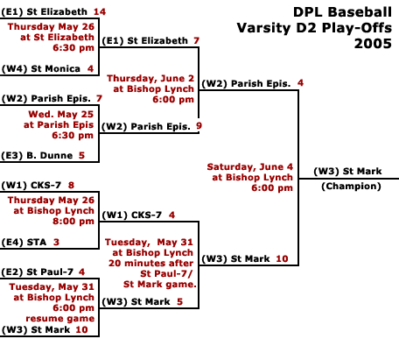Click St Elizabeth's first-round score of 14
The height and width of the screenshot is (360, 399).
tap(100, 11)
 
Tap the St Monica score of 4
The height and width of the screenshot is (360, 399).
tap(90, 68)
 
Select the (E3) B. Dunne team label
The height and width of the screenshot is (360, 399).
tap(37, 155)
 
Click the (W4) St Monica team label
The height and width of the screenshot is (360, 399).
tap(41, 68)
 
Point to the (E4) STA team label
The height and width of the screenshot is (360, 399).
tap(24, 242)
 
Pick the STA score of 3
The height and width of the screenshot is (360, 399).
tap(56, 242)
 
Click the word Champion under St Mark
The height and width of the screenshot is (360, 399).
tap(351, 187)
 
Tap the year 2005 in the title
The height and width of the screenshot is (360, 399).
tap(373, 44)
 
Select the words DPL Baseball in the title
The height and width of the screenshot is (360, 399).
tap(342, 12)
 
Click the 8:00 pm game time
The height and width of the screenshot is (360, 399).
tap(73, 221)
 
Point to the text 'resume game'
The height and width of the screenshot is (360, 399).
tap(60, 318)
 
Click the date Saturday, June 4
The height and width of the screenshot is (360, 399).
tap(250, 166)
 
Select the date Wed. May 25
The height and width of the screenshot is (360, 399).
tap(61, 114)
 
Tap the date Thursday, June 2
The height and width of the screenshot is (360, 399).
tap(150, 78)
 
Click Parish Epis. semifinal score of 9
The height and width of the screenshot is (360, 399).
tap(199, 126)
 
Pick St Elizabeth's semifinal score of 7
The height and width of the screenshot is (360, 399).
tap(196, 40)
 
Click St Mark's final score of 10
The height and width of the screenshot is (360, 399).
tap(282, 258)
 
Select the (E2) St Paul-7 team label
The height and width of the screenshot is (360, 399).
tap(37, 272)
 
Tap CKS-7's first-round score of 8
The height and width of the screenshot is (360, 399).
tap(71, 185)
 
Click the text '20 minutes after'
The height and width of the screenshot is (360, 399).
tap(150, 263)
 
